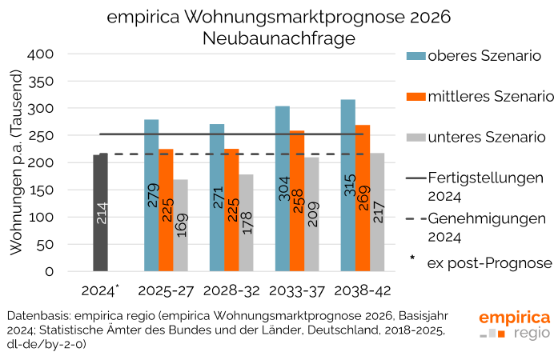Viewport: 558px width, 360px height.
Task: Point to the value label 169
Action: point(181,226)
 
